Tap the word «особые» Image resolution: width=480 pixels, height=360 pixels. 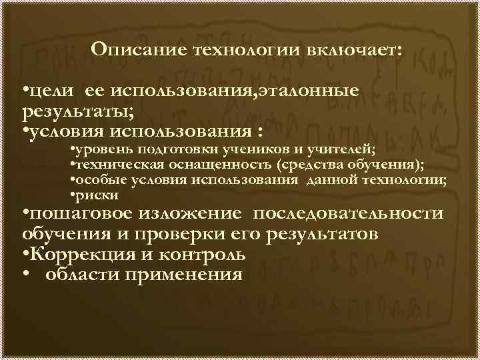coord(95,180)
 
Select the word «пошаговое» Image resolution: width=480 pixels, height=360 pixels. coord(81,215)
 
